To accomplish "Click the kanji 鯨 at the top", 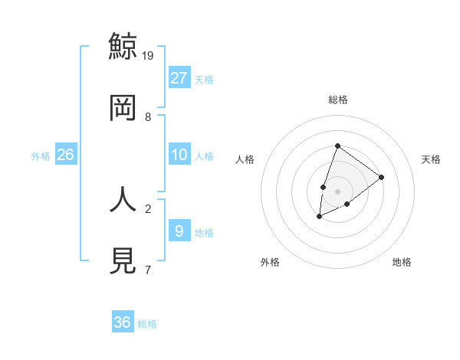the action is pos(123,46).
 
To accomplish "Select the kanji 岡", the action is pos(123,108).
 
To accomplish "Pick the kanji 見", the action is pos(123,260).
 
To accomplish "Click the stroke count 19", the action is pos(149,56).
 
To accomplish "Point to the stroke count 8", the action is pos(148,117).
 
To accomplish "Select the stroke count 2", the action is pos(148,208).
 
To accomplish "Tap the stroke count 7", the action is pos(148,270).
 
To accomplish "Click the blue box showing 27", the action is pos(179,78).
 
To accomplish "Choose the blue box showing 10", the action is pos(179,155).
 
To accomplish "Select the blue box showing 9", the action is pos(179,231).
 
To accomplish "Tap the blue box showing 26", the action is pos(65,155).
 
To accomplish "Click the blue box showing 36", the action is pos(123,322).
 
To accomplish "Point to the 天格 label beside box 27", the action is pos(204,80).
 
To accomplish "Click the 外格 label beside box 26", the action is pos(41,156).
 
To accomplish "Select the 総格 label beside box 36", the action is pos(147,324).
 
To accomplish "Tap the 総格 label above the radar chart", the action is pos(337,100).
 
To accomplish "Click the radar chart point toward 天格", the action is pos(381,177).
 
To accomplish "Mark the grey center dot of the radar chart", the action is pos(337,191).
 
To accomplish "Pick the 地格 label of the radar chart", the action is pos(402,262).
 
